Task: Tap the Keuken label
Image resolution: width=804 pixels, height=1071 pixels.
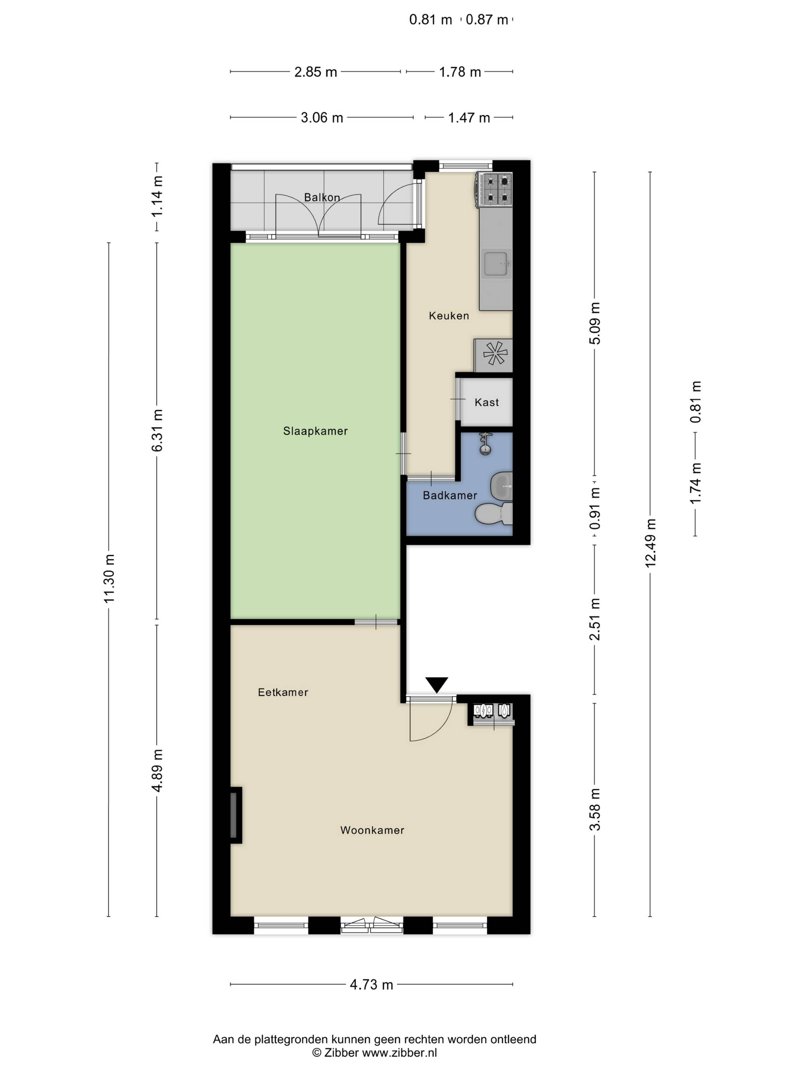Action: pyautogui.click(x=449, y=316)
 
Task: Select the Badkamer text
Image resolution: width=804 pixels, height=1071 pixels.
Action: pyautogui.click(x=450, y=495)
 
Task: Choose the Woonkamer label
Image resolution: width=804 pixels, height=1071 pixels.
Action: pyautogui.click(x=372, y=830)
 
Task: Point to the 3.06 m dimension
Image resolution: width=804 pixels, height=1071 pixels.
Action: pyautogui.click(x=322, y=118)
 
